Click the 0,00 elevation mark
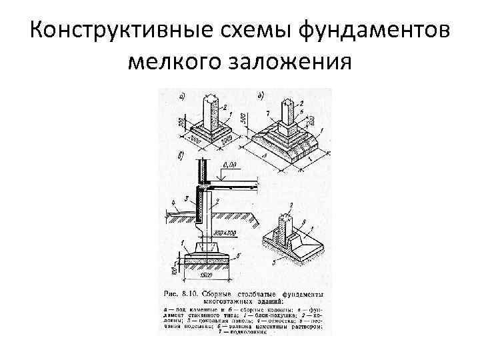231,165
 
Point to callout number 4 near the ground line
171,199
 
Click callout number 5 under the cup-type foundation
273,261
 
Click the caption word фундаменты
302,294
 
